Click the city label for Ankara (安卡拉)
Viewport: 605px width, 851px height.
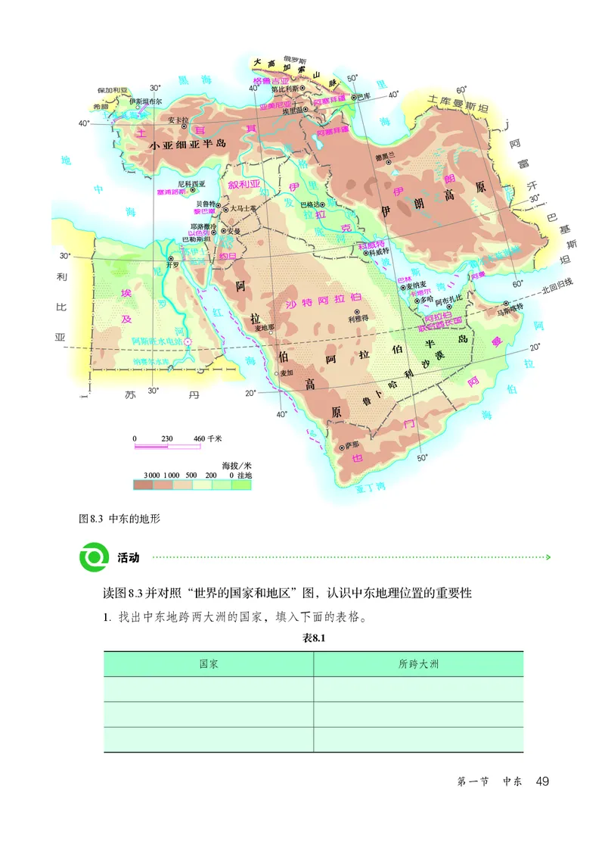[176, 120]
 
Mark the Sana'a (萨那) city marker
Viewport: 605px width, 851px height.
[342, 447]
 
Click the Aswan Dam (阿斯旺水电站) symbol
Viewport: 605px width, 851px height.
[189, 342]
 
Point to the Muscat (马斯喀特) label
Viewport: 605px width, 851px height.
[510, 310]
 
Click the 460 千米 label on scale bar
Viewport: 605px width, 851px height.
[208, 438]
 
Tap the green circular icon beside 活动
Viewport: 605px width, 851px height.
[95, 557]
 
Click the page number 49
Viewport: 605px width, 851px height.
[541, 781]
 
